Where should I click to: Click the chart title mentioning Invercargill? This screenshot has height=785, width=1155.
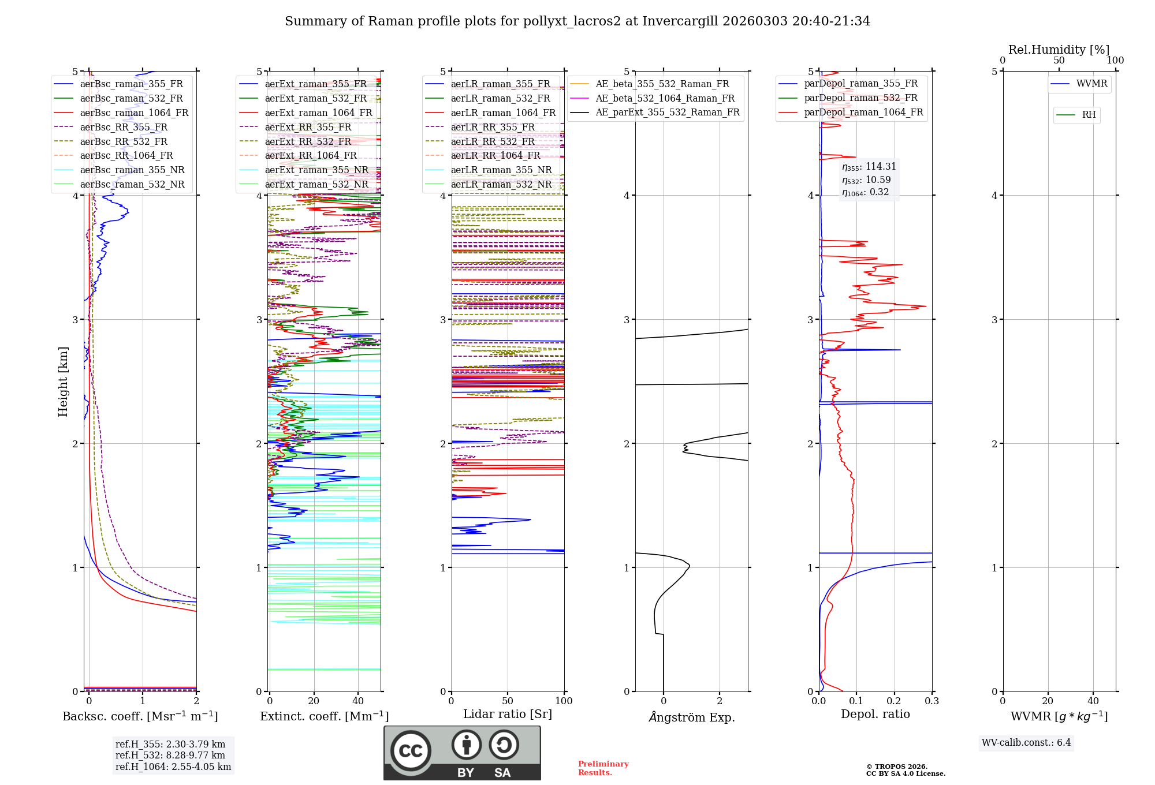click(x=577, y=21)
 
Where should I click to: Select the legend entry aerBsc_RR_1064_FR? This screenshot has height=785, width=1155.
click(x=126, y=156)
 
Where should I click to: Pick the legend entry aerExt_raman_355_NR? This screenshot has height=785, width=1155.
click(x=316, y=170)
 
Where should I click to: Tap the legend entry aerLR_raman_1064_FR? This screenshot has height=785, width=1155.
click(x=502, y=113)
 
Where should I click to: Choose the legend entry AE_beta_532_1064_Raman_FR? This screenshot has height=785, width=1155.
click(x=665, y=99)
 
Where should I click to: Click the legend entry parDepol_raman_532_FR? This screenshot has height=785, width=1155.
click(x=860, y=98)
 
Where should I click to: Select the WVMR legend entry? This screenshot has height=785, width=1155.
click(x=1091, y=84)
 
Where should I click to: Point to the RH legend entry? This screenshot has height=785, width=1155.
click(x=1089, y=115)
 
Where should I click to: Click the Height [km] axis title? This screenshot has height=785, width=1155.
click(x=63, y=382)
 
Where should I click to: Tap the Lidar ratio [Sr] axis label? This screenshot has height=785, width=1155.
click(x=508, y=714)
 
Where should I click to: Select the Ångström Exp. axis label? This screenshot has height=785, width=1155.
click(x=692, y=717)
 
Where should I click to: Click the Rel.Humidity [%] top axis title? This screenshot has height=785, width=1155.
click(x=1059, y=50)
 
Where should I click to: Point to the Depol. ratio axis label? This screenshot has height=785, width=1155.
click(x=875, y=714)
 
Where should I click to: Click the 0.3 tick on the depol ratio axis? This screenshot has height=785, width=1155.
click(x=932, y=701)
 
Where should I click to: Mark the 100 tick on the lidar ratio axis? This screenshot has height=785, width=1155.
click(x=564, y=701)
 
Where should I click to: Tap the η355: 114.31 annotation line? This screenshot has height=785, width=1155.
click(x=869, y=167)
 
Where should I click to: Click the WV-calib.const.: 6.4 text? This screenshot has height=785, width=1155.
click(x=1026, y=743)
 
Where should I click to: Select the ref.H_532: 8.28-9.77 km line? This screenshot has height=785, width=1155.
click(x=170, y=756)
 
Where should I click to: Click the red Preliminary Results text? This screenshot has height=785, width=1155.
click(x=603, y=768)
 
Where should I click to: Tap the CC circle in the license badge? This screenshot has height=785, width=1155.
click(x=411, y=750)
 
